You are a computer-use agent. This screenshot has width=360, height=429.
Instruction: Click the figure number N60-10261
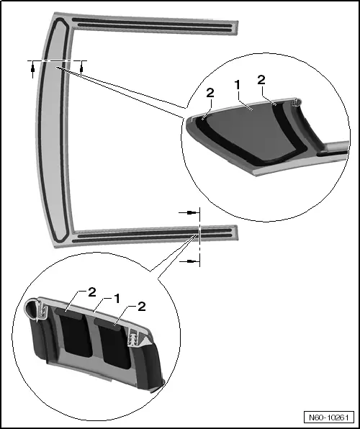(x=328, y=417)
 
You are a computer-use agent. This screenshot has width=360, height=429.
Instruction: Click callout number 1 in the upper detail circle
(x=237, y=86)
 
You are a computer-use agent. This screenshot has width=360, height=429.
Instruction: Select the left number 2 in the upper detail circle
(x=210, y=94)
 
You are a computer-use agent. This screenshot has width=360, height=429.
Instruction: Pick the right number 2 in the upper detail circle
(x=261, y=80)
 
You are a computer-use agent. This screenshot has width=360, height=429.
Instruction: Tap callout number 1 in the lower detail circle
(x=117, y=299)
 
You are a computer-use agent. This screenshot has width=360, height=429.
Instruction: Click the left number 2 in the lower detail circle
(x=92, y=292)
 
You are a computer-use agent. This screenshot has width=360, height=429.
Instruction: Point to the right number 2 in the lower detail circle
(x=142, y=307)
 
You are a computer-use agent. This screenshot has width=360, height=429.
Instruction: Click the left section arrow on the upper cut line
(x=33, y=70)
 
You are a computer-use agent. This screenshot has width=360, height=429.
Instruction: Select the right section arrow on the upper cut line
(x=81, y=68)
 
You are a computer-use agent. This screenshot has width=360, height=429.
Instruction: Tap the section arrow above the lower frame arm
(x=189, y=212)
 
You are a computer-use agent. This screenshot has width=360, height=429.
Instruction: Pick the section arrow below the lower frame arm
(x=189, y=261)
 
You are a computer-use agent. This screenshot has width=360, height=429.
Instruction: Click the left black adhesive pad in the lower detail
(x=74, y=334)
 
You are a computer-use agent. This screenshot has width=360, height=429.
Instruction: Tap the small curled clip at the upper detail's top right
(x=297, y=102)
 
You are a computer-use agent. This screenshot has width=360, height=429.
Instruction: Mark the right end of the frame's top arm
(x=237, y=28)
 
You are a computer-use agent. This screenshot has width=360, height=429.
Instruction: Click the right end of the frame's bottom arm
(x=237, y=232)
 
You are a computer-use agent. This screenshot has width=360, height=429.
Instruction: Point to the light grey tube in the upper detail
(x=336, y=146)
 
